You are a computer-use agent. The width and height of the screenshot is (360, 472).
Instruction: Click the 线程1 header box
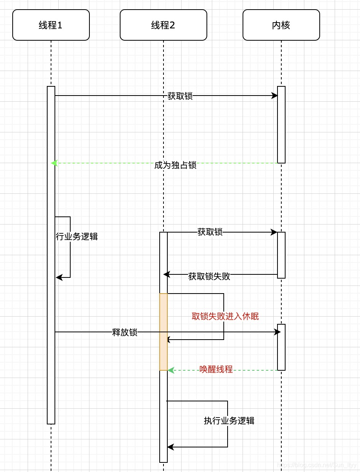click(x=51, y=25)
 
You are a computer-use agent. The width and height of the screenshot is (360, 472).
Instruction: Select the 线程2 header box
click(x=163, y=25)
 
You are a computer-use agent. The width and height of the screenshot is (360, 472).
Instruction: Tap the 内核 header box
click(x=281, y=25)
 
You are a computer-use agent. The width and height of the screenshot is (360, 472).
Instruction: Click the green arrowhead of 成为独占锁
click(x=54, y=163)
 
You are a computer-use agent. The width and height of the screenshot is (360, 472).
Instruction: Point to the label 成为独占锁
click(x=175, y=165)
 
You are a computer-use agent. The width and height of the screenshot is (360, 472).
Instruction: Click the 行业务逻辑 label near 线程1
click(x=77, y=236)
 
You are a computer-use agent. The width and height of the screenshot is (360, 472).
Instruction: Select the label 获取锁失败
click(x=209, y=276)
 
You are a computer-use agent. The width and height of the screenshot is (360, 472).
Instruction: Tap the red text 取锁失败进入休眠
click(x=225, y=316)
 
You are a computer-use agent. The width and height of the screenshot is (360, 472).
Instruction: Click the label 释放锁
click(x=125, y=332)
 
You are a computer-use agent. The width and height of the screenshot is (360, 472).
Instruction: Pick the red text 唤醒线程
click(x=216, y=369)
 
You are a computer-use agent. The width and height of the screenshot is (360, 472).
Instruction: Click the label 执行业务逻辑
click(x=229, y=421)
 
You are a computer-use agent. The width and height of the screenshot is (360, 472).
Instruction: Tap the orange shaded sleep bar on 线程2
click(x=163, y=332)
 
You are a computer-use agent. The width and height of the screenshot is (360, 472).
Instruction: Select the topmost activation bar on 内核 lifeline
click(x=281, y=125)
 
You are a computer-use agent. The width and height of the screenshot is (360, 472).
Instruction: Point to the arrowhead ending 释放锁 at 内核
click(x=277, y=332)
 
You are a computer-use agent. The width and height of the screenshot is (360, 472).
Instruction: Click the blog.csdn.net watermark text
click(x=317, y=465)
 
